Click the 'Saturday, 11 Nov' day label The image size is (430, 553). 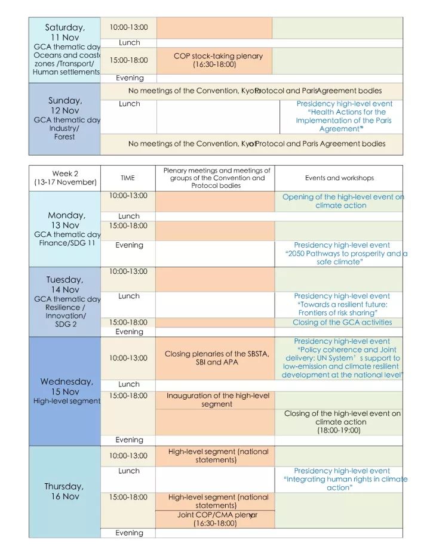click(x=64, y=32)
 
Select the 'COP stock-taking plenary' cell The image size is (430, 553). click(x=218, y=60)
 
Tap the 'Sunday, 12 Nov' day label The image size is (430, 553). click(x=64, y=106)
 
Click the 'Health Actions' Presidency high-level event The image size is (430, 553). click(x=344, y=116)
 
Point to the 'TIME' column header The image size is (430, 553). click(x=128, y=178)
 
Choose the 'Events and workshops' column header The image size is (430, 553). click(x=339, y=178)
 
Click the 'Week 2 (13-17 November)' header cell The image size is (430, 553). click(x=65, y=178)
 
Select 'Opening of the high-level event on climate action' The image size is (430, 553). click(x=343, y=201)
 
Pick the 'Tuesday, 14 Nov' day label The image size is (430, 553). click(x=64, y=285)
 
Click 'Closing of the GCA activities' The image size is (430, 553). click(x=342, y=323)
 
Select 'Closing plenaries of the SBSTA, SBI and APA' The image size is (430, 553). click(x=217, y=358)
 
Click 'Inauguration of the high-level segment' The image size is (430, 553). click(x=217, y=400)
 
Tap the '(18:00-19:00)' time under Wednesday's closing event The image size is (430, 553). click(x=339, y=430)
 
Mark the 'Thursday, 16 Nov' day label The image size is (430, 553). click(x=64, y=492)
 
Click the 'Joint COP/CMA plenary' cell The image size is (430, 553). click(x=216, y=519)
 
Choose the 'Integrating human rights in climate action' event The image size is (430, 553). click(x=343, y=479)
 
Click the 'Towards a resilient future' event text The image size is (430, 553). click(x=342, y=304)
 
